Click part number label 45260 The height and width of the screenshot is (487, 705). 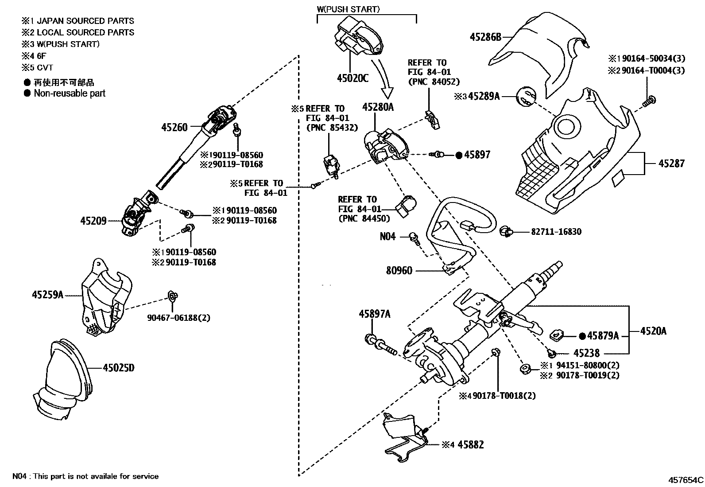point(174,127)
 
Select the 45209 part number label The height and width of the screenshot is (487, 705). point(93,221)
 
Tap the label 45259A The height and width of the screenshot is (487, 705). point(48,294)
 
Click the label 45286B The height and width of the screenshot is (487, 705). point(485,37)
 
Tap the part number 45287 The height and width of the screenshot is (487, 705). point(671,164)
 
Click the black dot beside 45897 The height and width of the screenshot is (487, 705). point(459,155)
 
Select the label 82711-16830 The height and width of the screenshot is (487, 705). point(556,232)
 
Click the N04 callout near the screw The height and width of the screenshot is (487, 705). point(387,237)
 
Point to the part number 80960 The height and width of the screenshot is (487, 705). point(399,270)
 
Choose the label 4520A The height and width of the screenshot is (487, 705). point(653,331)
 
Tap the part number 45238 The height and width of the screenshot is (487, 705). point(586,353)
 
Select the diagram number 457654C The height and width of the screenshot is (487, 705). point(686,479)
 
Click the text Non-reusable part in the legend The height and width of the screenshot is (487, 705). point(70,93)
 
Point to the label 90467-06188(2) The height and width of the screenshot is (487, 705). point(179,318)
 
